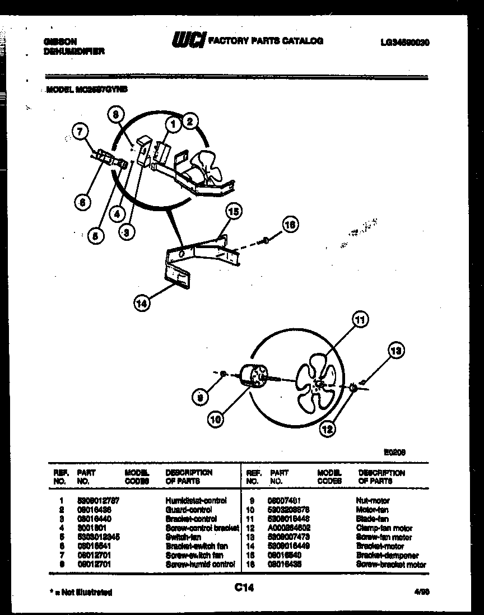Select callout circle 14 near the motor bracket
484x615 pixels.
(x=142, y=303)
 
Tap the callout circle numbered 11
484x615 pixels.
(x=360, y=320)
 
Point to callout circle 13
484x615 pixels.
(x=395, y=351)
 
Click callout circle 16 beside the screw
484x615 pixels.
(x=290, y=226)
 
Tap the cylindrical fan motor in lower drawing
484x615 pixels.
(x=253, y=376)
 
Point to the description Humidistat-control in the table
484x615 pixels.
(x=196, y=501)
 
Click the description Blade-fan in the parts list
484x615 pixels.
(x=372, y=519)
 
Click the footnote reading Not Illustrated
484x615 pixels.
(x=81, y=591)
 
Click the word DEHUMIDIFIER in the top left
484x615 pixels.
(x=73, y=52)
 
